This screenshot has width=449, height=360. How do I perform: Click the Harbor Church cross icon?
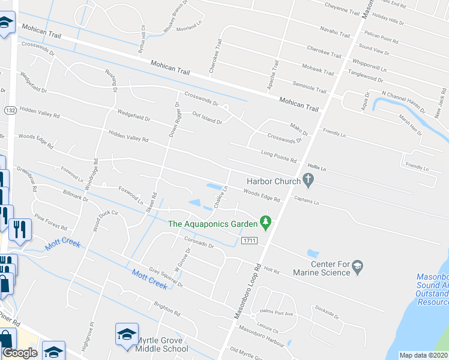pos(309,179)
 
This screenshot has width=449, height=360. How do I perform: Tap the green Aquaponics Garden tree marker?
pos(265,224)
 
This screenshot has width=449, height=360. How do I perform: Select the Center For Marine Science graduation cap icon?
pos(358,266)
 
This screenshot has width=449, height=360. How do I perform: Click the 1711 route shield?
pos(250,241)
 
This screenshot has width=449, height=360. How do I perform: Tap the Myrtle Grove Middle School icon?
pos(127,334)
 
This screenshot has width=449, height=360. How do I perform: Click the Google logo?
pos(20,352)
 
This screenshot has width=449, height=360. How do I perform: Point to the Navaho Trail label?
pos(334,31)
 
